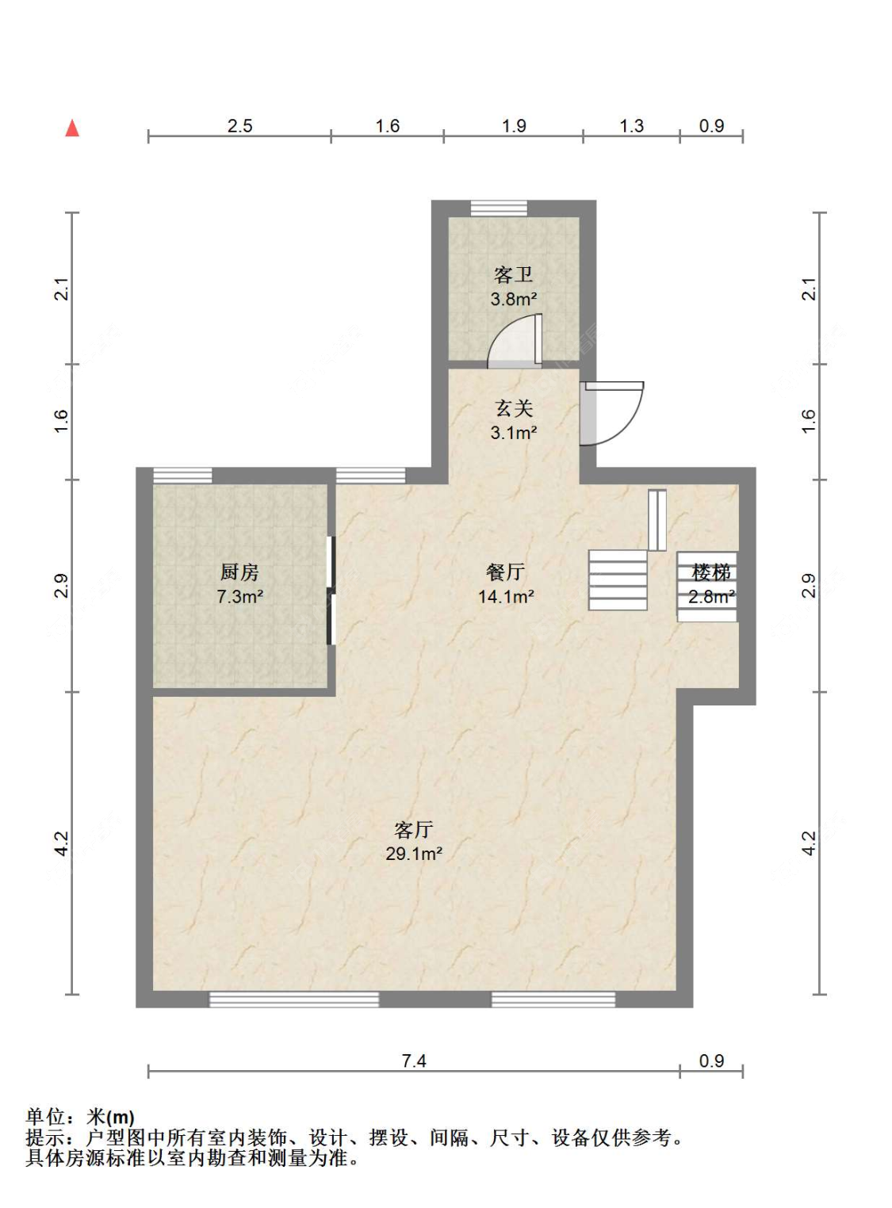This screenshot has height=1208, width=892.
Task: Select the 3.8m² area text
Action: click(x=513, y=299)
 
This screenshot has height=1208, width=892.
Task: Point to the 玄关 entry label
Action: click(x=513, y=408)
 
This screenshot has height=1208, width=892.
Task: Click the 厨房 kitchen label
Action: click(x=239, y=572)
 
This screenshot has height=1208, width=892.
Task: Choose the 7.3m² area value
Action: click(x=239, y=597)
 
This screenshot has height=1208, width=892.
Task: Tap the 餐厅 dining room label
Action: click(x=506, y=572)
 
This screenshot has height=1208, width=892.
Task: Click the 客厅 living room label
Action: click(x=414, y=829)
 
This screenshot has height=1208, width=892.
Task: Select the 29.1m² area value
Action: click(x=414, y=854)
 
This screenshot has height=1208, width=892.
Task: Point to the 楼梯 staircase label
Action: click(x=711, y=572)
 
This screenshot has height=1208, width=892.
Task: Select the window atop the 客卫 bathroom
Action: click(x=500, y=208)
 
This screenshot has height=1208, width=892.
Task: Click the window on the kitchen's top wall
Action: click(x=182, y=476)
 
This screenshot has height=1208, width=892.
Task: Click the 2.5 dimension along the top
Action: click(x=239, y=126)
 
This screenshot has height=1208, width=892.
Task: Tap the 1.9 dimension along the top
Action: click(x=513, y=126)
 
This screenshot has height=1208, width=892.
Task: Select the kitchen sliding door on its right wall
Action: click(x=330, y=591)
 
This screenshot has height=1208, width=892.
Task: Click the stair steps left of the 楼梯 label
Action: click(x=618, y=580)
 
